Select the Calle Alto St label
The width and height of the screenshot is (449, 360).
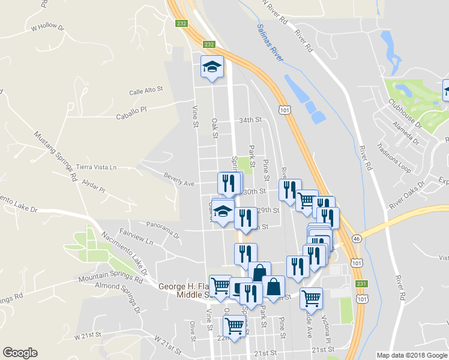[x=146, y=91]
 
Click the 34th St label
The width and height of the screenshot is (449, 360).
[x=250, y=120]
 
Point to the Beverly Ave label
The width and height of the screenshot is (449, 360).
[x=179, y=179]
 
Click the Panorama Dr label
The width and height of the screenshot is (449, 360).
[x=163, y=230]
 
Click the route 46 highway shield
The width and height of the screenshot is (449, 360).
[x=357, y=238]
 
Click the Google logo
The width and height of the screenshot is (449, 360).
[x=20, y=353]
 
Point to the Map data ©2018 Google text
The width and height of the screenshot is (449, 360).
[x=412, y=355]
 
